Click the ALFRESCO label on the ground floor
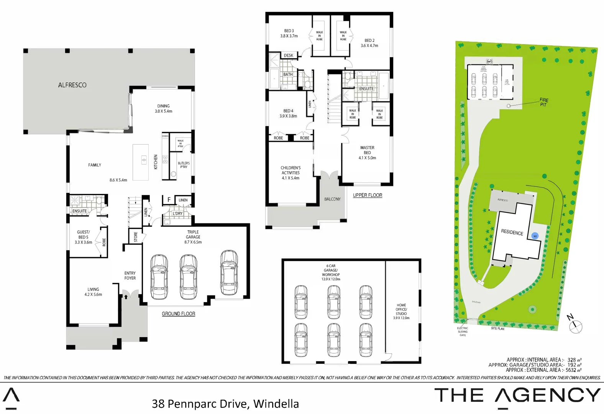point(72,85)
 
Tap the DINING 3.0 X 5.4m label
point(163,108)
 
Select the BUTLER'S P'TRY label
point(184,165)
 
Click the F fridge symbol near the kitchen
point(169,200)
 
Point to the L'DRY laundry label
point(177,214)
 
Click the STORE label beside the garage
point(136,237)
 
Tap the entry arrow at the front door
point(126,296)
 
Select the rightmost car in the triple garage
point(229,273)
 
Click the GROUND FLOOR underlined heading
point(178,314)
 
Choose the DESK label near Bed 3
point(288,56)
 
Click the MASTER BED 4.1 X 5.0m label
point(367,153)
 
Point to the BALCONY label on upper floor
point(332,199)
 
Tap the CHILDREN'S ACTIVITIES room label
point(291,173)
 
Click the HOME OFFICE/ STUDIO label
point(401,311)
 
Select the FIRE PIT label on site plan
point(543,102)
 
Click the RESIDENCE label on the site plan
point(512,232)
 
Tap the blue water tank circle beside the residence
point(535,236)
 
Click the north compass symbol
point(575,326)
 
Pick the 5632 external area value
point(571,370)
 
